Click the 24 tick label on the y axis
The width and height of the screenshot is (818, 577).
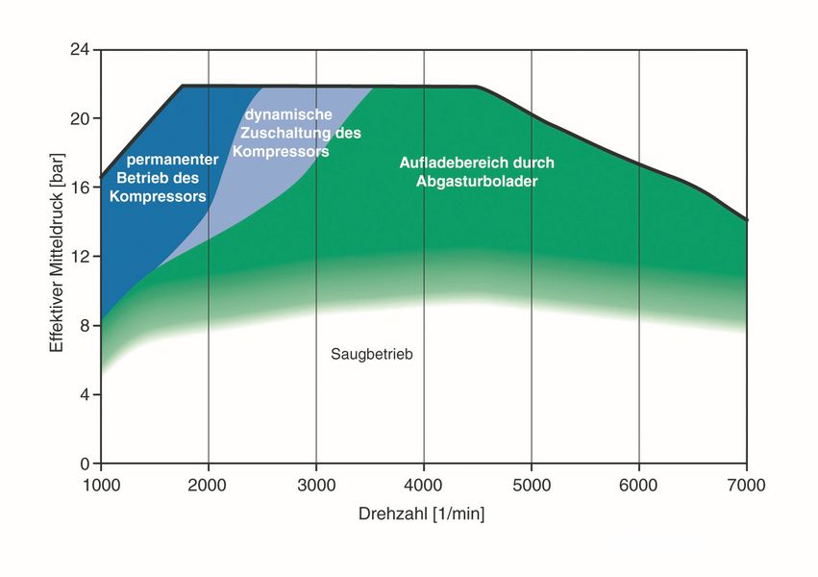coord(80,50)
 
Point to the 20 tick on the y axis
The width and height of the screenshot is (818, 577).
coord(80,118)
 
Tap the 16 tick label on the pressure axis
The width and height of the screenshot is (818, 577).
coord(80,188)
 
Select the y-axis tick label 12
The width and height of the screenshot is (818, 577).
coord(80,256)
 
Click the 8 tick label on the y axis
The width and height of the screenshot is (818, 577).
coord(85,326)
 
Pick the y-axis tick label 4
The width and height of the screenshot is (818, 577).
coord(85,394)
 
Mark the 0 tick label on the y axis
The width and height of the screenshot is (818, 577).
coord(85,464)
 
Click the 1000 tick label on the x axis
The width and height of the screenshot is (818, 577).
coord(101,486)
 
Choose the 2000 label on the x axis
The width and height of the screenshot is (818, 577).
coord(207,486)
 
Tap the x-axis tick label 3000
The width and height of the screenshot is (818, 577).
coord(316,486)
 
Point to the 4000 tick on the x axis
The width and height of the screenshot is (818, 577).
coord(423,486)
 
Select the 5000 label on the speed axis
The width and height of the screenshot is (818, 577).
coord(532,486)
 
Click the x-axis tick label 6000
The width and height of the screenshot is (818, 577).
coord(638,486)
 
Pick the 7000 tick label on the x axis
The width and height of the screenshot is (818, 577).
coord(747,486)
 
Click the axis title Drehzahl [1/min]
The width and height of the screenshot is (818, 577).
coord(422,514)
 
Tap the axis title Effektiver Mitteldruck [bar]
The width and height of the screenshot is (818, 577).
coord(57,253)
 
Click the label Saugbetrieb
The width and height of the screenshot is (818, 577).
coord(372,354)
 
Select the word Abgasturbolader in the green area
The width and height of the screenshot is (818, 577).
coord(477,182)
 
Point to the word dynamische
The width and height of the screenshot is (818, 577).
coord(288,114)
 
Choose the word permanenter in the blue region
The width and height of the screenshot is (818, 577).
coord(173,160)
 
